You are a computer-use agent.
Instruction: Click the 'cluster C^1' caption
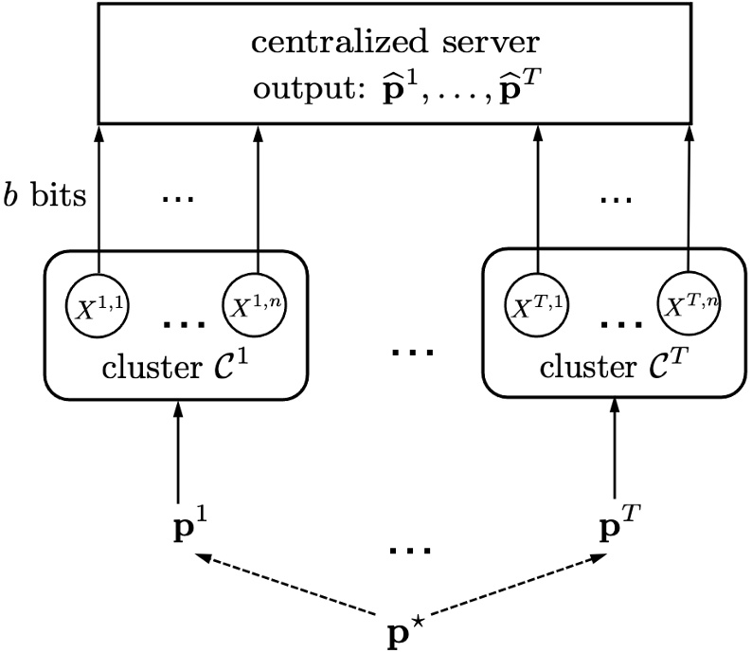point(176,366)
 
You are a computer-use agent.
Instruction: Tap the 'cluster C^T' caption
point(615,366)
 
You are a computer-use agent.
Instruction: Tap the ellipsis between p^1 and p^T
point(411,551)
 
